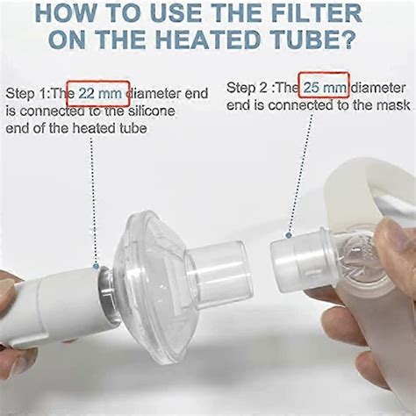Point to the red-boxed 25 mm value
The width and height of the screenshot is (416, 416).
324,87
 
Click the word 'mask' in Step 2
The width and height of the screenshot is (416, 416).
394,106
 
